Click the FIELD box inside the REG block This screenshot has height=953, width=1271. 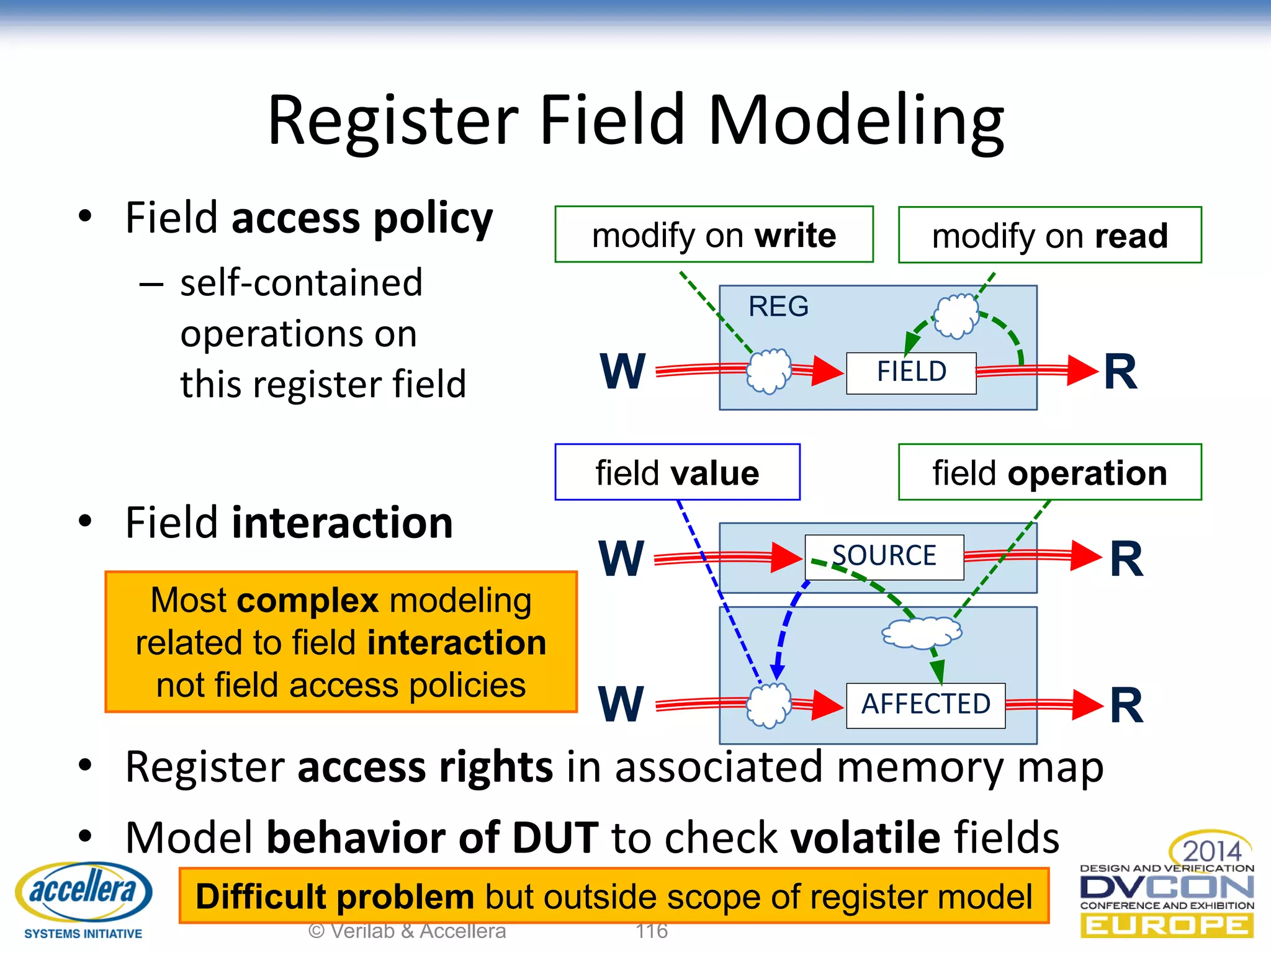coord(910,372)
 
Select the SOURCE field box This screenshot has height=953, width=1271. coord(884,556)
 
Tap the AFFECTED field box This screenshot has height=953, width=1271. coord(925,704)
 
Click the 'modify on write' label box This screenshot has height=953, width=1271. coord(714,235)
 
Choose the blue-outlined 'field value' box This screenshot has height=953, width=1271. coord(677,473)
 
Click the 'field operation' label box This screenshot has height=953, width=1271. coord(1049,473)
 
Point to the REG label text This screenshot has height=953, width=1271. coord(778,306)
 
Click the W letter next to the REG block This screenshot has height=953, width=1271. coord(622,372)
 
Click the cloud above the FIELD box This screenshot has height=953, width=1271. coord(956,315)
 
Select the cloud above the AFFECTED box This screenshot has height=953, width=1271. coord(922,633)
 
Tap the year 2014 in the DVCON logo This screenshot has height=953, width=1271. coord(1211,851)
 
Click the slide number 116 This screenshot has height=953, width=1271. coord(652,931)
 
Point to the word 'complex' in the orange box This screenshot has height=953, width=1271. coord(307,601)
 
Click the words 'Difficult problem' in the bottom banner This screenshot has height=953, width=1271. coord(335,897)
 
